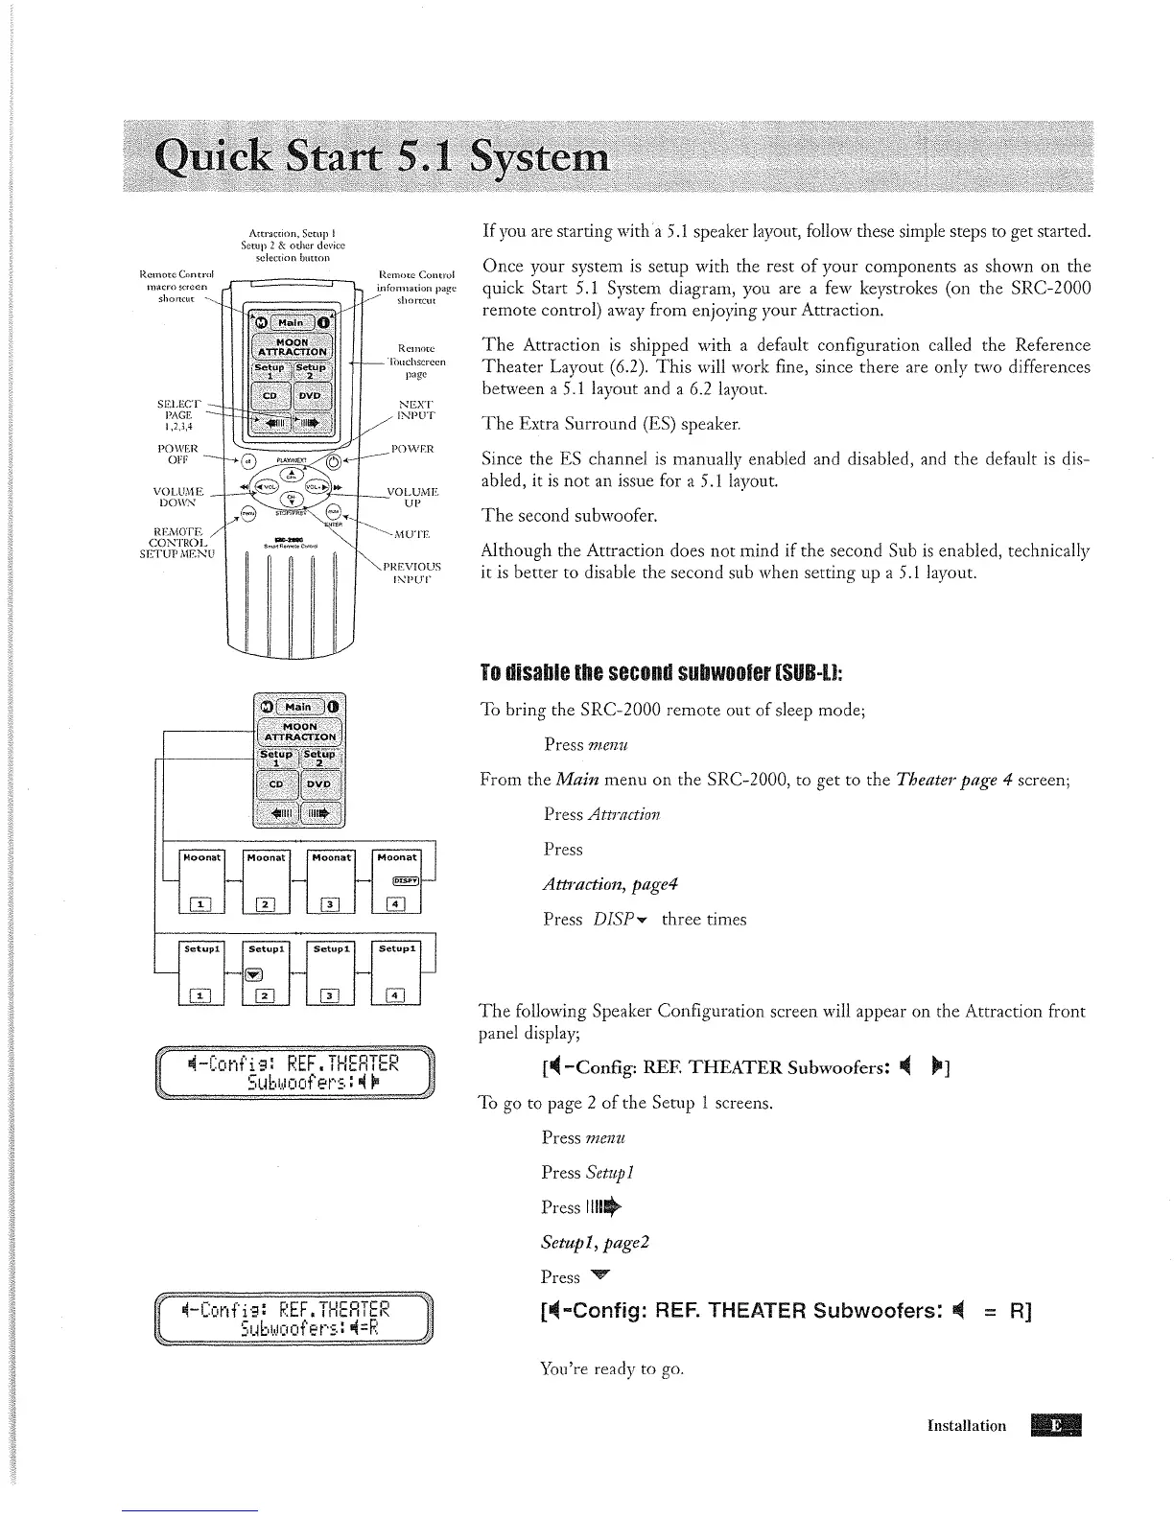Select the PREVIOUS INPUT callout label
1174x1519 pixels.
coord(412,573)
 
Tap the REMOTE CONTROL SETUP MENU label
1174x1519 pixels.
coord(176,542)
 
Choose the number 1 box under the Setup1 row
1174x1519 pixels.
coord(201,995)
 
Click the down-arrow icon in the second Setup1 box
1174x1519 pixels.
coord(254,975)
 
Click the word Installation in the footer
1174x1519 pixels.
coord(967,1425)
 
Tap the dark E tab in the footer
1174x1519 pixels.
coord(1054,1425)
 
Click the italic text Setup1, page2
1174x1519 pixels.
coord(596,1242)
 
